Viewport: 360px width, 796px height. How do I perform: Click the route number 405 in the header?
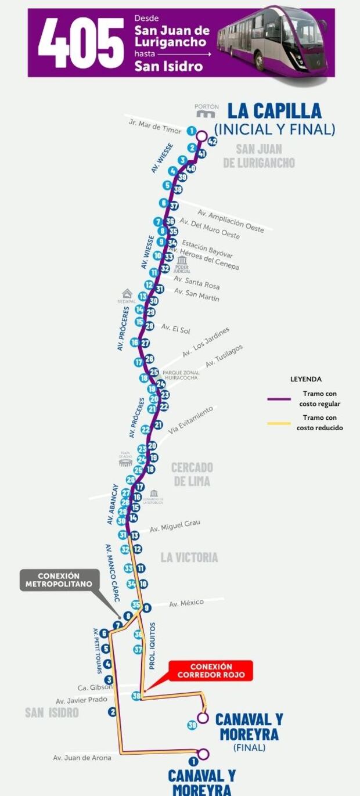click(x=81, y=42)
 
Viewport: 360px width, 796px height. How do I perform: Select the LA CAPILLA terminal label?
click(x=274, y=111)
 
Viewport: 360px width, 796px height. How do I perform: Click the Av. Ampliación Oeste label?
click(x=231, y=221)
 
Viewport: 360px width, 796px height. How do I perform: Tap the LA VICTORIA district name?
click(x=189, y=557)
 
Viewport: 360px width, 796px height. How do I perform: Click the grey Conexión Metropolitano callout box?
click(x=59, y=580)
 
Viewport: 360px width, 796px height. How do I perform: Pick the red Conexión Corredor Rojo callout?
click(x=211, y=671)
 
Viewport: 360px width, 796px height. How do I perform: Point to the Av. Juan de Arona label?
click(x=82, y=758)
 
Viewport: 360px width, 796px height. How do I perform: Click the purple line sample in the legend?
click(x=279, y=399)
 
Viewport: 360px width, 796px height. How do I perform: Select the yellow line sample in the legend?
click(x=279, y=423)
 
